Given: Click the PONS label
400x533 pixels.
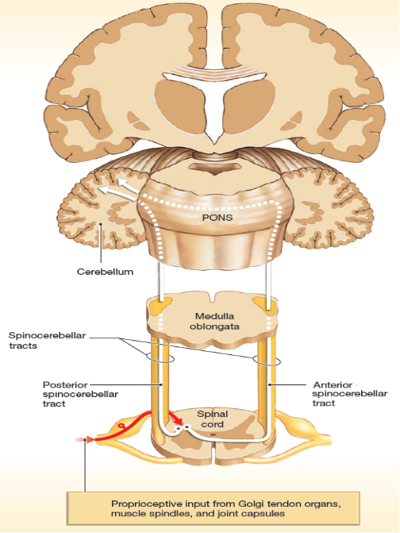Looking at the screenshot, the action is click(217, 217).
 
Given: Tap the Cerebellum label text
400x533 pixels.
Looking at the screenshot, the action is click(105, 272).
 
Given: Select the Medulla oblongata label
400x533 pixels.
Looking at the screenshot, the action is click(214, 321).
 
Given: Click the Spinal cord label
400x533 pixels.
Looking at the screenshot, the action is click(212, 419).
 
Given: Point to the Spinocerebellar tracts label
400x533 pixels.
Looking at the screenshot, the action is click(47, 340).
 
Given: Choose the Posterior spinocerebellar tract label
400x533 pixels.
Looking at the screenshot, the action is click(80, 394).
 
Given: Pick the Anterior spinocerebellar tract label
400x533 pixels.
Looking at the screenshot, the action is click(350, 394).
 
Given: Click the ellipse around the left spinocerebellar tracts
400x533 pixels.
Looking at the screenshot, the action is click(160, 358).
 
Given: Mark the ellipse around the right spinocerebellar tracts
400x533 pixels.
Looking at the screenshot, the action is click(267, 361).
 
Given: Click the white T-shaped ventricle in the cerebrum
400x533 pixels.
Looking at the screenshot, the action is click(215, 102).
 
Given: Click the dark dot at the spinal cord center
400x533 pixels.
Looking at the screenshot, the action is click(212, 434).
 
